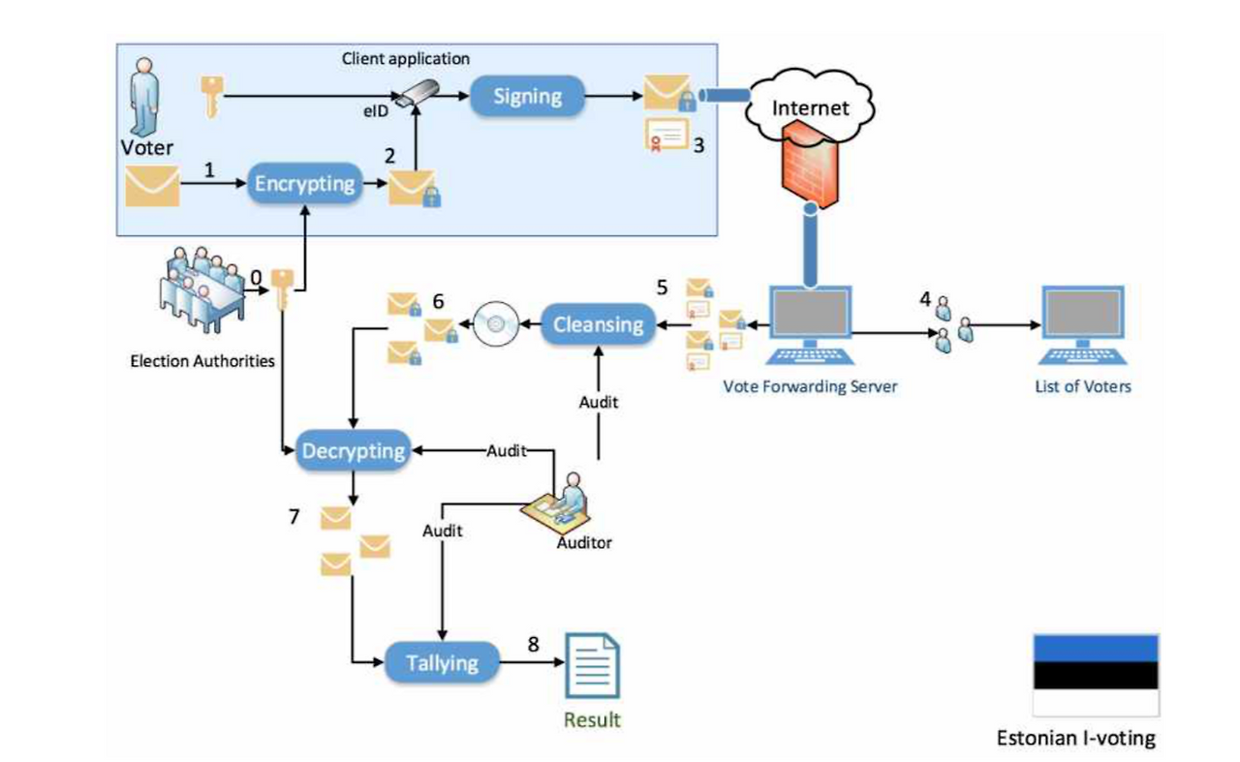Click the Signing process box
point(528,97)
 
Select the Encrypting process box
point(305,184)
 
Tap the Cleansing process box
point(599,324)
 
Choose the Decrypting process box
point(354,451)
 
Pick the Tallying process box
point(442,663)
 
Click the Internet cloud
point(809,107)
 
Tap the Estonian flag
point(1096,675)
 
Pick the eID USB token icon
point(423,94)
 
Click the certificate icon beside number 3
point(666,137)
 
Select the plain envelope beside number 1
point(152,186)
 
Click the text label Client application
point(405,59)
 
